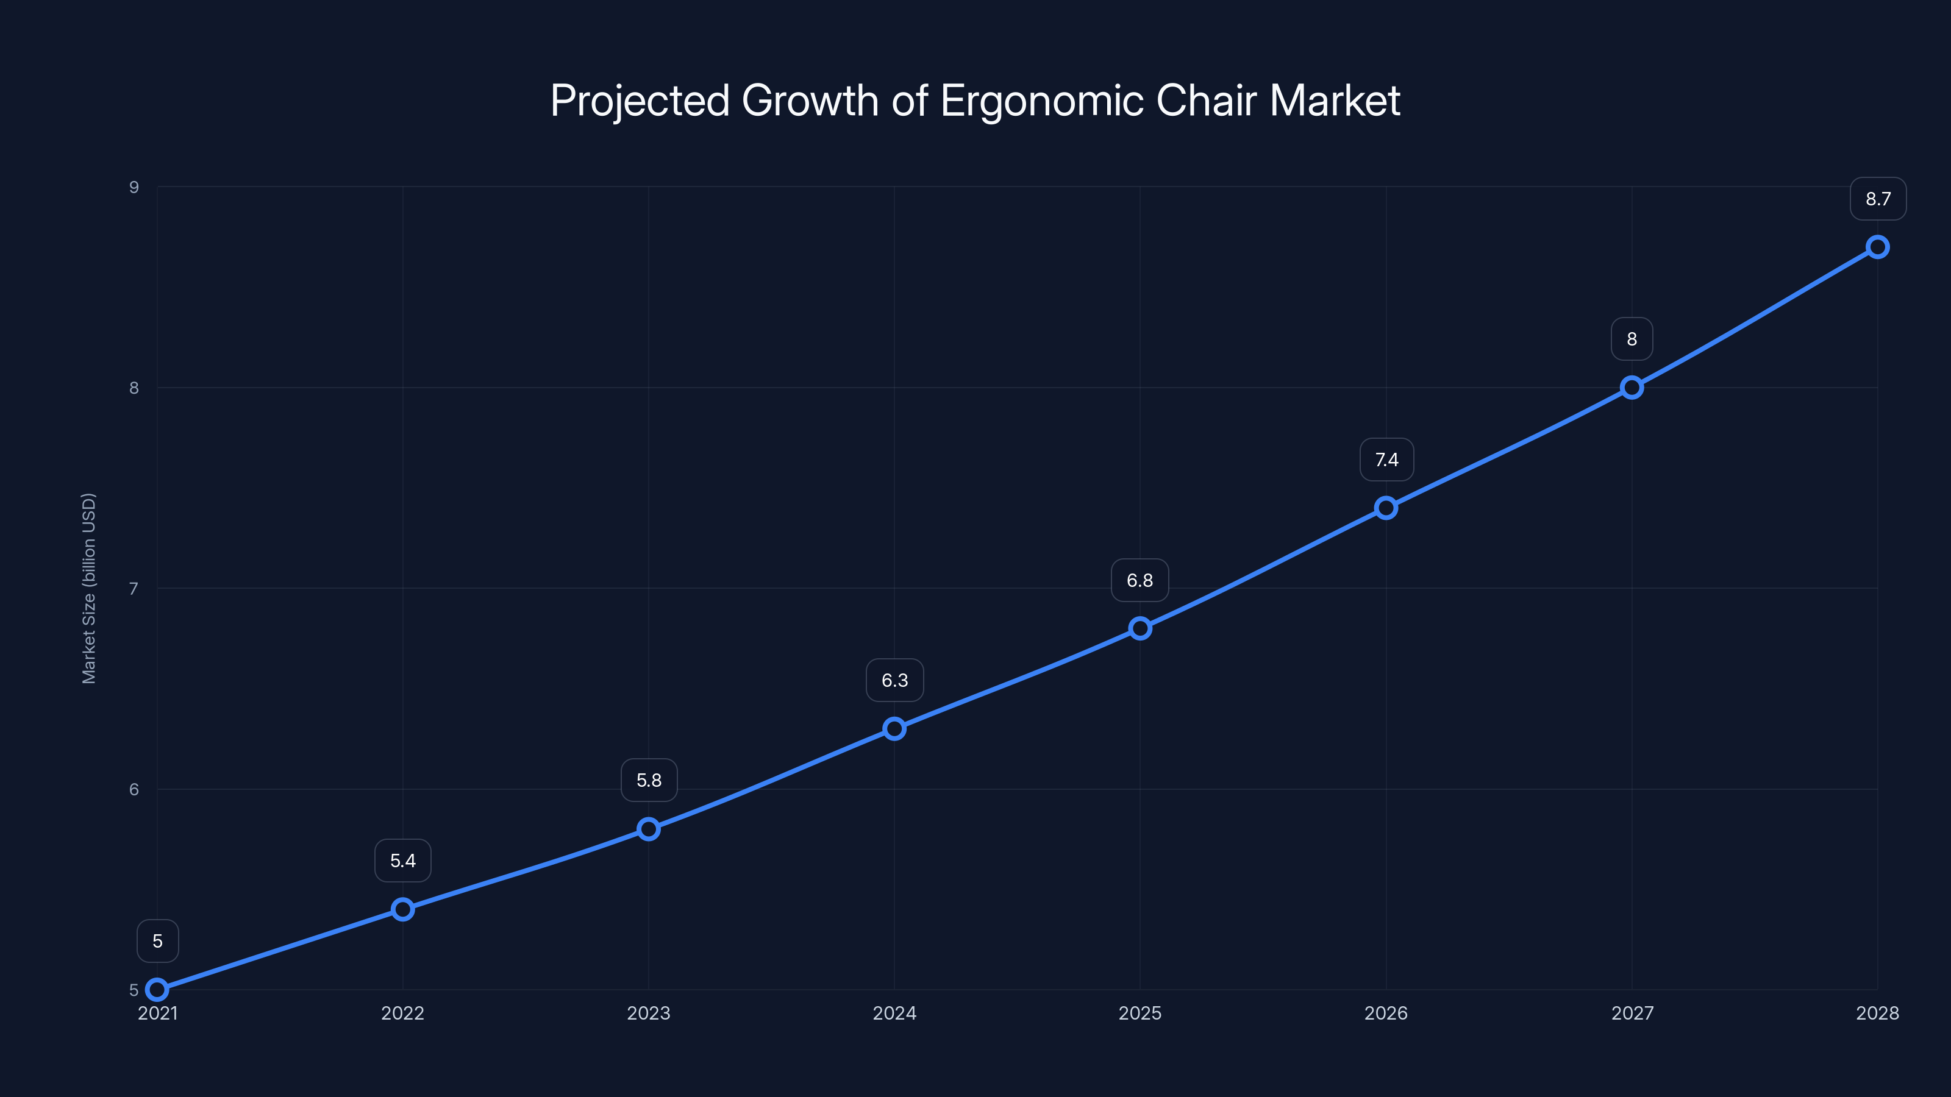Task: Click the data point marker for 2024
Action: [x=894, y=728]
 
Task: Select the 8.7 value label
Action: [x=1878, y=199]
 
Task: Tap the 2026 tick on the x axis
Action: [x=1385, y=1013]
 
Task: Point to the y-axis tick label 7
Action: [x=134, y=588]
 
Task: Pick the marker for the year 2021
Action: [x=157, y=990]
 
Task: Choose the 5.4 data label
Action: [x=403, y=861]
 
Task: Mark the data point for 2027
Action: [x=1632, y=388]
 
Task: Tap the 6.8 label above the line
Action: [x=1140, y=581]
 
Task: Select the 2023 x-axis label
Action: [x=648, y=1013]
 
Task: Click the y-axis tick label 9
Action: [x=134, y=187]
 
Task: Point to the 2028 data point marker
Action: [x=1878, y=247]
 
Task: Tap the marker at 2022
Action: [x=403, y=909]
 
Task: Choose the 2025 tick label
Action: [x=1140, y=1013]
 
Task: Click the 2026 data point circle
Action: [x=1386, y=508]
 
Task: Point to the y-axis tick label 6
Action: [x=134, y=789]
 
